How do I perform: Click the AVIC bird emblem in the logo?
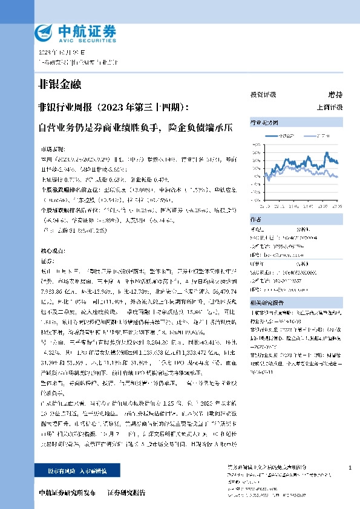[x=45, y=32]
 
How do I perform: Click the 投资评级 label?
[x=263, y=95]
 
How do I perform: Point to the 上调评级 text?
[x=329, y=107]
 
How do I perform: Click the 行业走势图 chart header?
[x=262, y=122]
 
